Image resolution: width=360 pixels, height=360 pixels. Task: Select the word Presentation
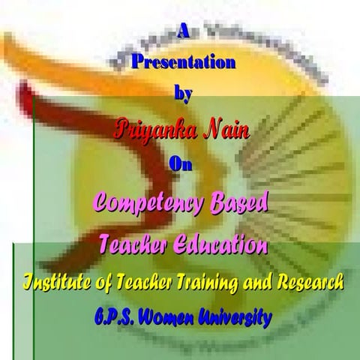point(181,63)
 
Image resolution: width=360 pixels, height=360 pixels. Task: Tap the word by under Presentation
point(181,94)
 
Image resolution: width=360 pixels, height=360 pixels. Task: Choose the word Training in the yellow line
point(208,282)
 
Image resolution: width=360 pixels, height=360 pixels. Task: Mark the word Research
point(310,282)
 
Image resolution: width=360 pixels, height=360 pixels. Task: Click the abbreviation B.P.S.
point(117,316)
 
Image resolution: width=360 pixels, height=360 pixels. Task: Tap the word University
point(238,316)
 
